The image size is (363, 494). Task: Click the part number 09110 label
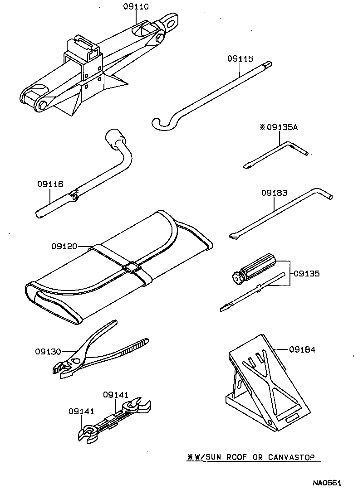(x=136, y=6)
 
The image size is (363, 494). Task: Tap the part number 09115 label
(x=240, y=58)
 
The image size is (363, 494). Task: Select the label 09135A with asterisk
(x=279, y=127)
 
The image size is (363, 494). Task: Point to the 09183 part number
(x=274, y=193)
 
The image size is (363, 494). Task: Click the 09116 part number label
(x=50, y=184)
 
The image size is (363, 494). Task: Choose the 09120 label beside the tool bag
(x=64, y=246)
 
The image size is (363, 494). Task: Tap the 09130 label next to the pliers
(x=48, y=351)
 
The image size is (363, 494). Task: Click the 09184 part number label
(x=302, y=349)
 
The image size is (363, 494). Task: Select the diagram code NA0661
(x=326, y=484)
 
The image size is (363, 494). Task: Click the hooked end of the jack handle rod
(x=161, y=123)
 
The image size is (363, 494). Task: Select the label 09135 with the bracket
(x=307, y=274)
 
